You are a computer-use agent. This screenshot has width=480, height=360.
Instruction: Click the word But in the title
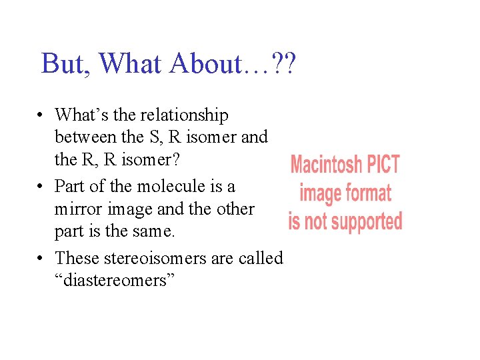64,64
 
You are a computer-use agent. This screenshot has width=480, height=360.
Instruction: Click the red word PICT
381,164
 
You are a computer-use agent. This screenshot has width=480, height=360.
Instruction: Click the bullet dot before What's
41,116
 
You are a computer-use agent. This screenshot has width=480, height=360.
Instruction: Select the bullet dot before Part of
41,187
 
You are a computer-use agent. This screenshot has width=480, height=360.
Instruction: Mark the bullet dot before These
41,258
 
